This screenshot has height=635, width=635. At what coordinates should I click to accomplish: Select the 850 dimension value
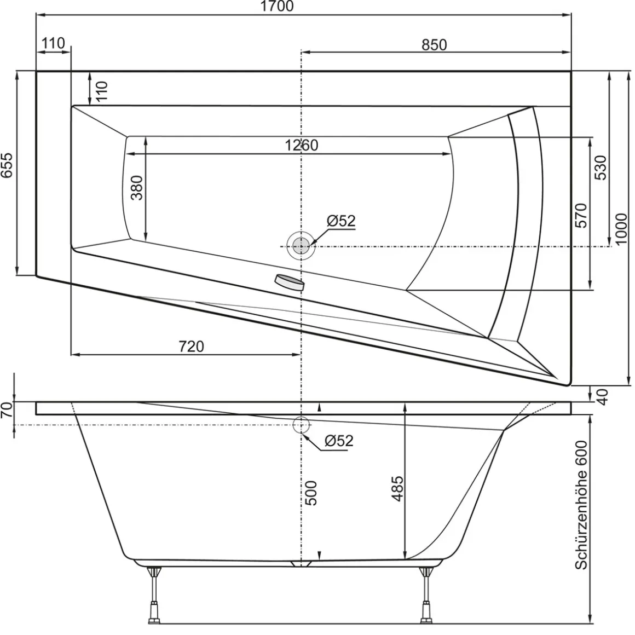(434, 45)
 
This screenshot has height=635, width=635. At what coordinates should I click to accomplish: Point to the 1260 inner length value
(301, 146)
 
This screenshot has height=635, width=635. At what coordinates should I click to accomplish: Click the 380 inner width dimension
(136, 188)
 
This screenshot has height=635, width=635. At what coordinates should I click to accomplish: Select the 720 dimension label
(191, 347)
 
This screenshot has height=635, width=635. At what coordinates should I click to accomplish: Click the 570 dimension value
(581, 215)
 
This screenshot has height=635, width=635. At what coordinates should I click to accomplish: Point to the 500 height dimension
(311, 493)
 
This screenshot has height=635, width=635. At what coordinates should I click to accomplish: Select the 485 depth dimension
(397, 488)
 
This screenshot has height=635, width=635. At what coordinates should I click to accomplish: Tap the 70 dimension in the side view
(6, 410)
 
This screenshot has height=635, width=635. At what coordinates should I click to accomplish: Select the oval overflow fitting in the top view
(290, 281)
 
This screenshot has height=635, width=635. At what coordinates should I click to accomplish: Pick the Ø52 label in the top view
(342, 221)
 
